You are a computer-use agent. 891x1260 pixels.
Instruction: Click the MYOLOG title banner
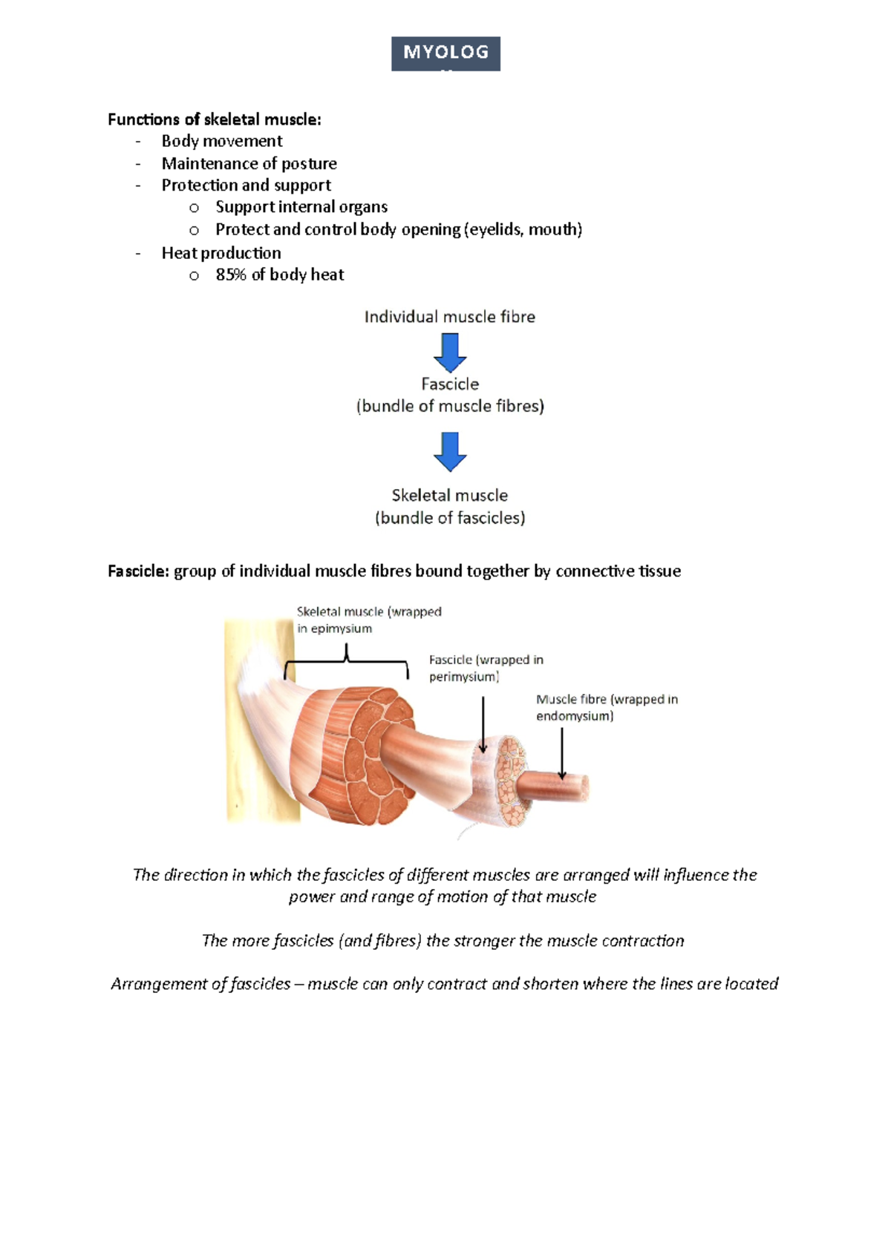coord(446,53)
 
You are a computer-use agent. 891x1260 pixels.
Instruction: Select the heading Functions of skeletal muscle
coord(214,119)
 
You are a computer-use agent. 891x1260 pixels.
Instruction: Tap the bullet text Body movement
coord(222,141)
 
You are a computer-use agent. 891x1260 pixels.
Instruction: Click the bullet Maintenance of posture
coord(249,163)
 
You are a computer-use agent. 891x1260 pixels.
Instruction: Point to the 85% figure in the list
coord(230,275)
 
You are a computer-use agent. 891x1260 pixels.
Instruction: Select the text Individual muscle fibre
coord(449,317)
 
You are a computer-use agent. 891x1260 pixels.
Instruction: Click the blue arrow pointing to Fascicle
coord(450,352)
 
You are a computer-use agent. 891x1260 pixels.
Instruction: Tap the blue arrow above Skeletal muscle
coord(450,451)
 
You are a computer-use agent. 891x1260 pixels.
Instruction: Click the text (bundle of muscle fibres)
coord(450,406)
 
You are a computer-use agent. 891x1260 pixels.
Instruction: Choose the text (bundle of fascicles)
coord(450,518)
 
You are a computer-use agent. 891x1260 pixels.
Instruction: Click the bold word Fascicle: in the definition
coord(139,571)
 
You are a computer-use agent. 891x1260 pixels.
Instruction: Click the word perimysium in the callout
coord(463,677)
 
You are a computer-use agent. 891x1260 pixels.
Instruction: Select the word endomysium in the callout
coord(574,716)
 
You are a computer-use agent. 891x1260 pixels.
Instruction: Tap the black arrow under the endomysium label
coord(562,753)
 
